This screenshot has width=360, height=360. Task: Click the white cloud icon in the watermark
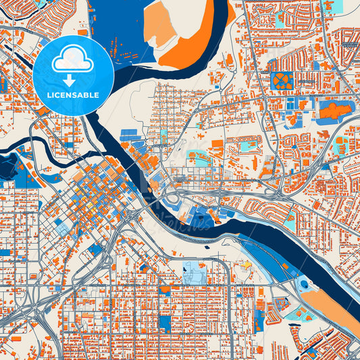pos(73,59)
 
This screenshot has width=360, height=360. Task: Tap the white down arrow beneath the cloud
pos(73,80)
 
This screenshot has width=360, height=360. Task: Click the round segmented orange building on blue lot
pos(282,82)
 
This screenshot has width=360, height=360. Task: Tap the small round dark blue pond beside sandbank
pos(303,284)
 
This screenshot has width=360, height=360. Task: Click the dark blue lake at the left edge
pos(8,165)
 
